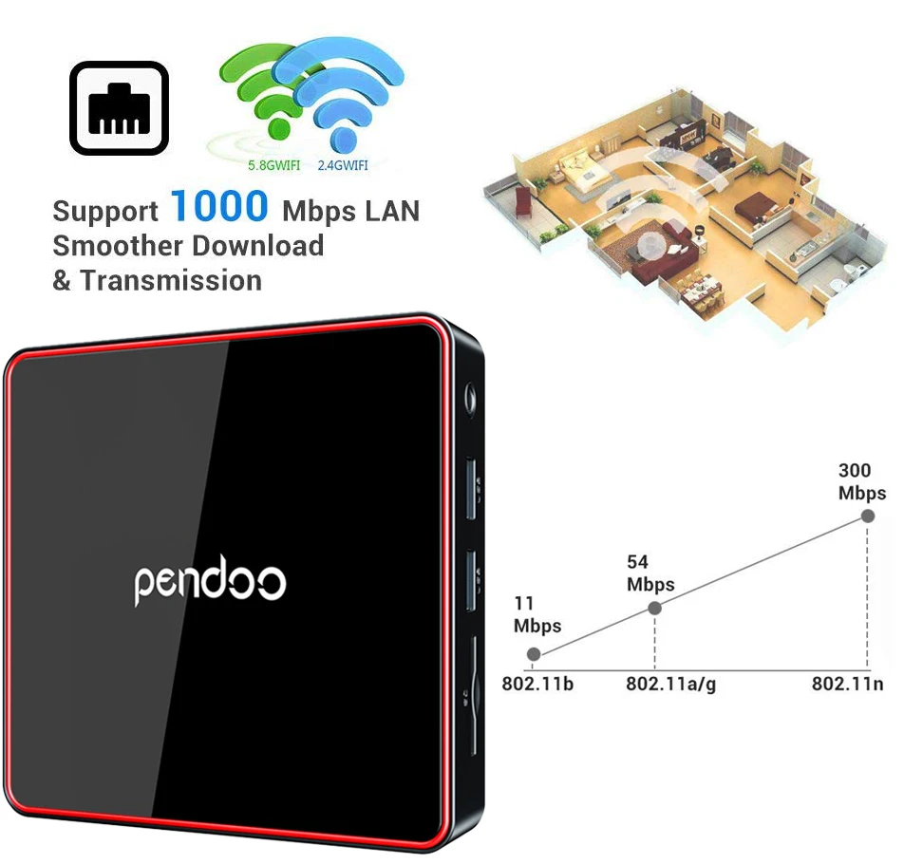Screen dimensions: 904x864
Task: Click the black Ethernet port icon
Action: point(119,108)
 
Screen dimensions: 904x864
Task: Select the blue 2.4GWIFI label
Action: point(343,166)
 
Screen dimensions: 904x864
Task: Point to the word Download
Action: point(257,246)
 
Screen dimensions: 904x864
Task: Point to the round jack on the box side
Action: point(469,392)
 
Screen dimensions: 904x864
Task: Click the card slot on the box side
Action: point(473,679)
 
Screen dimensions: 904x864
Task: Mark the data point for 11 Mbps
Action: point(534,654)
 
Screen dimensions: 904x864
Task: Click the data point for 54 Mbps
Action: point(654,608)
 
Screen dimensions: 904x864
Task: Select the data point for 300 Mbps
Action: point(867,516)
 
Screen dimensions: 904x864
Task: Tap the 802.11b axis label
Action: point(537,684)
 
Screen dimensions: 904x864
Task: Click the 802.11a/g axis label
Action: point(670,684)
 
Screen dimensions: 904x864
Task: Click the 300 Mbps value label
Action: point(861,481)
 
